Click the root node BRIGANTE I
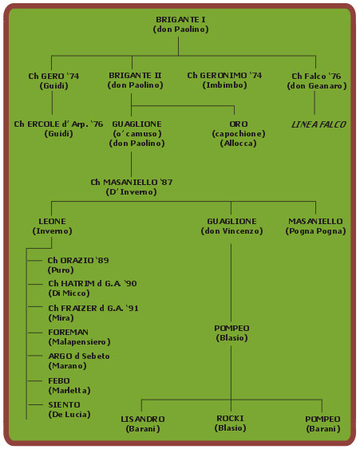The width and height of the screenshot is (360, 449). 180,19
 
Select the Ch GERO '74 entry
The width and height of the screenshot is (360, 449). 53,76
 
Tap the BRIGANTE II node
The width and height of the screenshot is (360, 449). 135,75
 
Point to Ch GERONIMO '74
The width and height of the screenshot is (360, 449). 224,75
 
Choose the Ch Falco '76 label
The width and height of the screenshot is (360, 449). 316,76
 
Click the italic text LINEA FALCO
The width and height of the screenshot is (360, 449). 318,124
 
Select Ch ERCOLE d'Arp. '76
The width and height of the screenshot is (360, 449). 58,124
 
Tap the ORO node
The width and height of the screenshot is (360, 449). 239,124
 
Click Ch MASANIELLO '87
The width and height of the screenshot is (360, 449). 132,182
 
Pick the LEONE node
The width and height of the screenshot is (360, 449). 52,222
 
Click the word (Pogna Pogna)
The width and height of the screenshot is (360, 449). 315,230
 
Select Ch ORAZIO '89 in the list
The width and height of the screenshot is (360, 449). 78,260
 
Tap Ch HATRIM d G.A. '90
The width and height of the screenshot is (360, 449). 93,283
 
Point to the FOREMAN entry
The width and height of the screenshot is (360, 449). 68,333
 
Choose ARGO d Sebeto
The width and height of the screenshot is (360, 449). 79,356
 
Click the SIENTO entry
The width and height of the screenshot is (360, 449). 64,404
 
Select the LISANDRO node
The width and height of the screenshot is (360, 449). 143,419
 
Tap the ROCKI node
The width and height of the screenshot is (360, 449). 230,419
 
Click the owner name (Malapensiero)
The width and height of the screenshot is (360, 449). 79,341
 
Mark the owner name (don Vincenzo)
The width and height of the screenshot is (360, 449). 231,230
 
